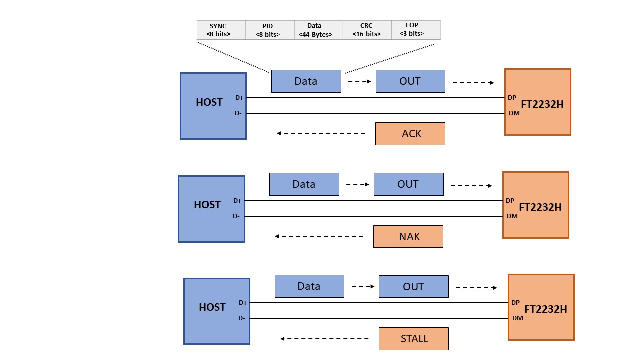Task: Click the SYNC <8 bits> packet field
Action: (221, 30)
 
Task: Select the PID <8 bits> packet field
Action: (270, 30)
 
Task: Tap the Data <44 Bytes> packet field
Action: (319, 30)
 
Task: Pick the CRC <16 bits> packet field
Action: (367, 30)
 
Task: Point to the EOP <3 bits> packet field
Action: (416, 30)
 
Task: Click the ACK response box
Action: (410, 134)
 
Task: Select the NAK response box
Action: (408, 237)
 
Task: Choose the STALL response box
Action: (414, 339)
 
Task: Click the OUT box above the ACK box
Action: (410, 81)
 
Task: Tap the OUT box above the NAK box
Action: (409, 184)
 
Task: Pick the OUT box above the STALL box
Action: (414, 286)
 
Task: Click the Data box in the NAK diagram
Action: (304, 184)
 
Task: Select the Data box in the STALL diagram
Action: (309, 286)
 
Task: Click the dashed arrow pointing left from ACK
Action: (321, 133)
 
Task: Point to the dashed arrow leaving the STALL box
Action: (324, 339)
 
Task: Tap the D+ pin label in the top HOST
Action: (239, 98)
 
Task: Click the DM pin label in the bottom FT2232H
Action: (517, 318)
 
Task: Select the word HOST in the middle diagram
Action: (207, 205)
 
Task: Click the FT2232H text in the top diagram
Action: (542, 104)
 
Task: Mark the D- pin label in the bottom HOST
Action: (241, 318)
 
